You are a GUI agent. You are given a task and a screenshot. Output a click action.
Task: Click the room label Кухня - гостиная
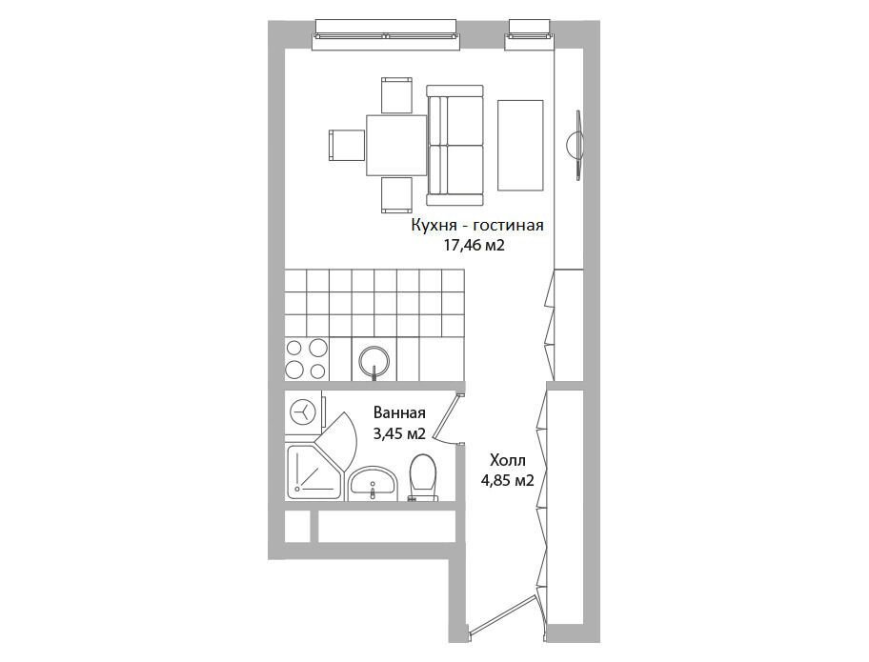(476, 226)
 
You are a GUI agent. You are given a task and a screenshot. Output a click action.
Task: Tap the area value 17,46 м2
(474, 246)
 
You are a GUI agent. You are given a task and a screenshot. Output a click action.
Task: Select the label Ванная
(399, 413)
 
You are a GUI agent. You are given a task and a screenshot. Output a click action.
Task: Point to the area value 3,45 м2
(399, 433)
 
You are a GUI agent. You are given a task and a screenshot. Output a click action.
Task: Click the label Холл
(507, 460)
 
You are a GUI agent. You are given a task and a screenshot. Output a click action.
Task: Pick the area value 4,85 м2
(507, 481)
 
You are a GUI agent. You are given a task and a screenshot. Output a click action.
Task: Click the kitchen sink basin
(374, 361)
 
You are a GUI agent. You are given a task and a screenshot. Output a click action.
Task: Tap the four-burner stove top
(307, 359)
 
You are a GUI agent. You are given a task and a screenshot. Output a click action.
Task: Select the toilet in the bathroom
(422, 478)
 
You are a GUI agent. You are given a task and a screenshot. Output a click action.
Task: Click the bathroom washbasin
(373, 483)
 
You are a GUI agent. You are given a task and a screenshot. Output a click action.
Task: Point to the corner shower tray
(313, 471)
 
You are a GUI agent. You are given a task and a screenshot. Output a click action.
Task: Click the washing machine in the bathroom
(304, 412)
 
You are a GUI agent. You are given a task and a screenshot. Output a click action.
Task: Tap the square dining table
(395, 145)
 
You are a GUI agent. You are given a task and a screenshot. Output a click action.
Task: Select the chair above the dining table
(396, 95)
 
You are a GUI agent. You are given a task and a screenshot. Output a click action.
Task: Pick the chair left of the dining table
(347, 145)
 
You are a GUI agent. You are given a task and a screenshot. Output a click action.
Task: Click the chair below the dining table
(396, 195)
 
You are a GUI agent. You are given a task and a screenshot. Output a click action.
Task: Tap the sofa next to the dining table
(455, 146)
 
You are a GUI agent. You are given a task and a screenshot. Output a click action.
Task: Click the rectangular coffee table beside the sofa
(520, 145)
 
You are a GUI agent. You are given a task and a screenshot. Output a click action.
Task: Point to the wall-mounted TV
(576, 145)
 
